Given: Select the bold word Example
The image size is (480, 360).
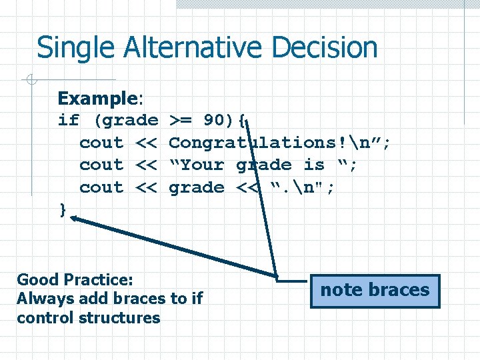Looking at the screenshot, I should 97,99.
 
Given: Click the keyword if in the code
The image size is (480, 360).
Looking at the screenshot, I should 68,121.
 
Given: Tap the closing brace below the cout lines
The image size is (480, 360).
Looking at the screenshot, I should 63,210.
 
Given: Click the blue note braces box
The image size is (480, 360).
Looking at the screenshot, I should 375,291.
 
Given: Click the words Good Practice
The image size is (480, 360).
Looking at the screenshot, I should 75,279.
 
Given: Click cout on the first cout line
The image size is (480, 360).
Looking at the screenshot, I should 101,143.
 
